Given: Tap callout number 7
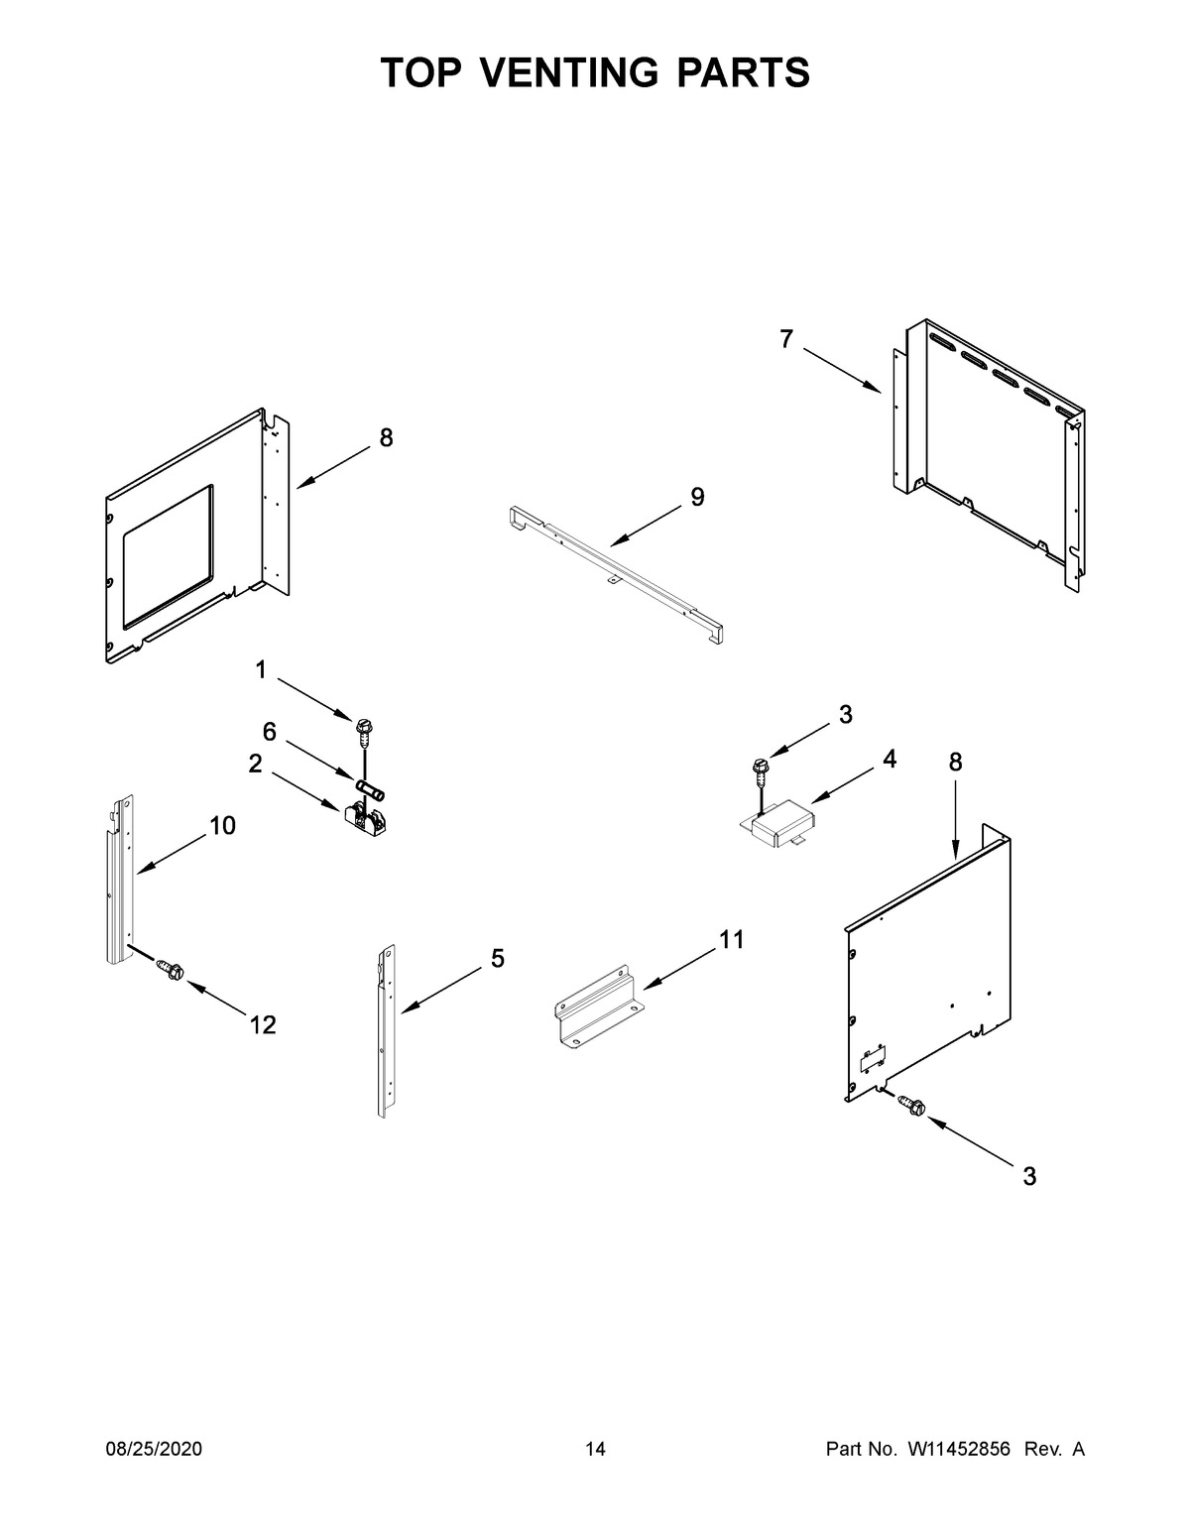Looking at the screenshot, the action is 786,340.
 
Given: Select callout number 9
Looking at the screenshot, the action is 697,498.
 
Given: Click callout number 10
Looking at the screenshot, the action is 222,825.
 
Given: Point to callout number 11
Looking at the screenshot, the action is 731,939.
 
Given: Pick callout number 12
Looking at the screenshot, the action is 262,1025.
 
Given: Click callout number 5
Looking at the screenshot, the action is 497,958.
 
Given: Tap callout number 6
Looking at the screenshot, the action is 269,731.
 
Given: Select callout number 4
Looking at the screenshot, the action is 890,760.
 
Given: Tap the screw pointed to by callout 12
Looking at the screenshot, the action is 169,971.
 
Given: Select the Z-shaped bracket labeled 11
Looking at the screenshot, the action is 597,1007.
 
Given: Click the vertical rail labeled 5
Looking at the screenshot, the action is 386,1031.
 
